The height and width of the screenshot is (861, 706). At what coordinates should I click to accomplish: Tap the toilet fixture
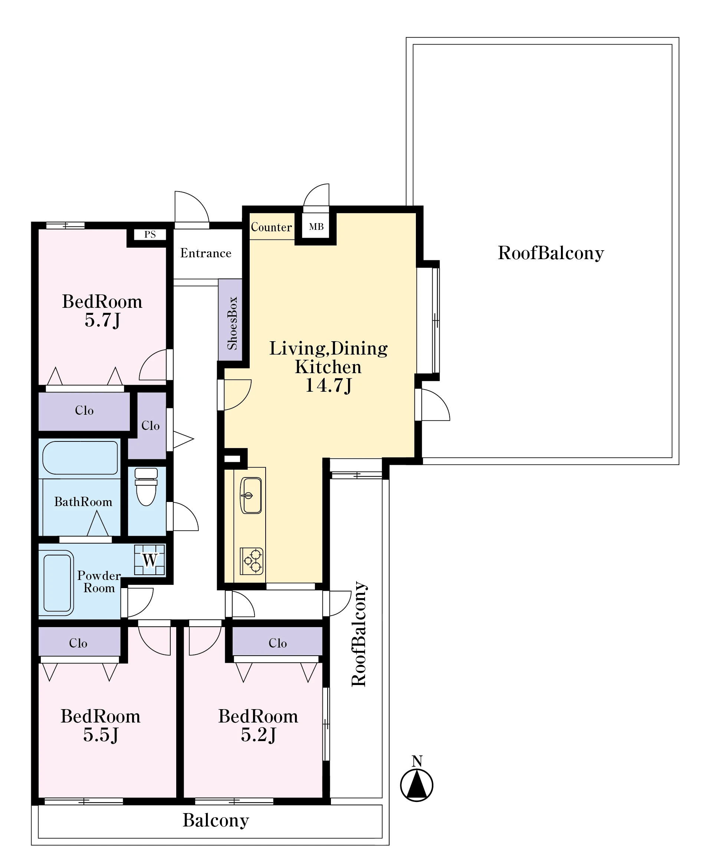coord(146,487)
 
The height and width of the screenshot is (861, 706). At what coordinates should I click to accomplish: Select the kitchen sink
coord(251,495)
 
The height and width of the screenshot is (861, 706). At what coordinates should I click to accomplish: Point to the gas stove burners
coord(252,561)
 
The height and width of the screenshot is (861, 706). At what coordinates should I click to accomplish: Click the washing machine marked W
coord(150,560)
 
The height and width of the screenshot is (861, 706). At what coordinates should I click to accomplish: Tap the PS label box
coord(150,234)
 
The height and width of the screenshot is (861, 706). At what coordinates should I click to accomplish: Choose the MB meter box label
coord(316,226)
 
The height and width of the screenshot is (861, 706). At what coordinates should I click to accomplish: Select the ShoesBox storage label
coord(232,323)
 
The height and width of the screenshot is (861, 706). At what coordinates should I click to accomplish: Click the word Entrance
coord(206,253)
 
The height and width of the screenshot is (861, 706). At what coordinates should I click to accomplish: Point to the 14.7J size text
coord(328,385)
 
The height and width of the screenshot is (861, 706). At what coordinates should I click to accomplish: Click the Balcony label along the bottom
coord(216,820)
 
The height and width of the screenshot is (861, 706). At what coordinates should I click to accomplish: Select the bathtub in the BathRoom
coord(80,458)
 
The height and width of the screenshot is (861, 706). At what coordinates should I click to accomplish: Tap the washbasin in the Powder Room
coord(58,583)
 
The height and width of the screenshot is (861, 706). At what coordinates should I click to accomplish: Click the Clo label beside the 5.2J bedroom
coord(278,643)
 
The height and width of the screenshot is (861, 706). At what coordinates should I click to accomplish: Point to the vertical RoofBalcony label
coord(359,633)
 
